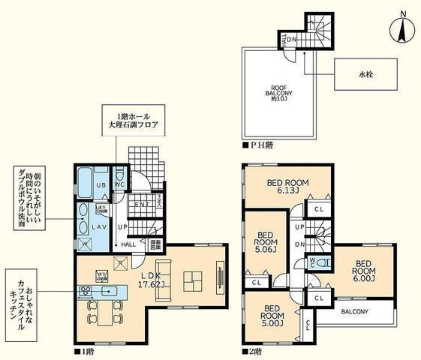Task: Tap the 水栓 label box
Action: point(365,76)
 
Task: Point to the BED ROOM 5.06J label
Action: point(264,242)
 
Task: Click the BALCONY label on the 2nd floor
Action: point(354,311)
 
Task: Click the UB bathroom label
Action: point(101,183)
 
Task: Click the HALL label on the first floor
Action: point(128,244)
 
